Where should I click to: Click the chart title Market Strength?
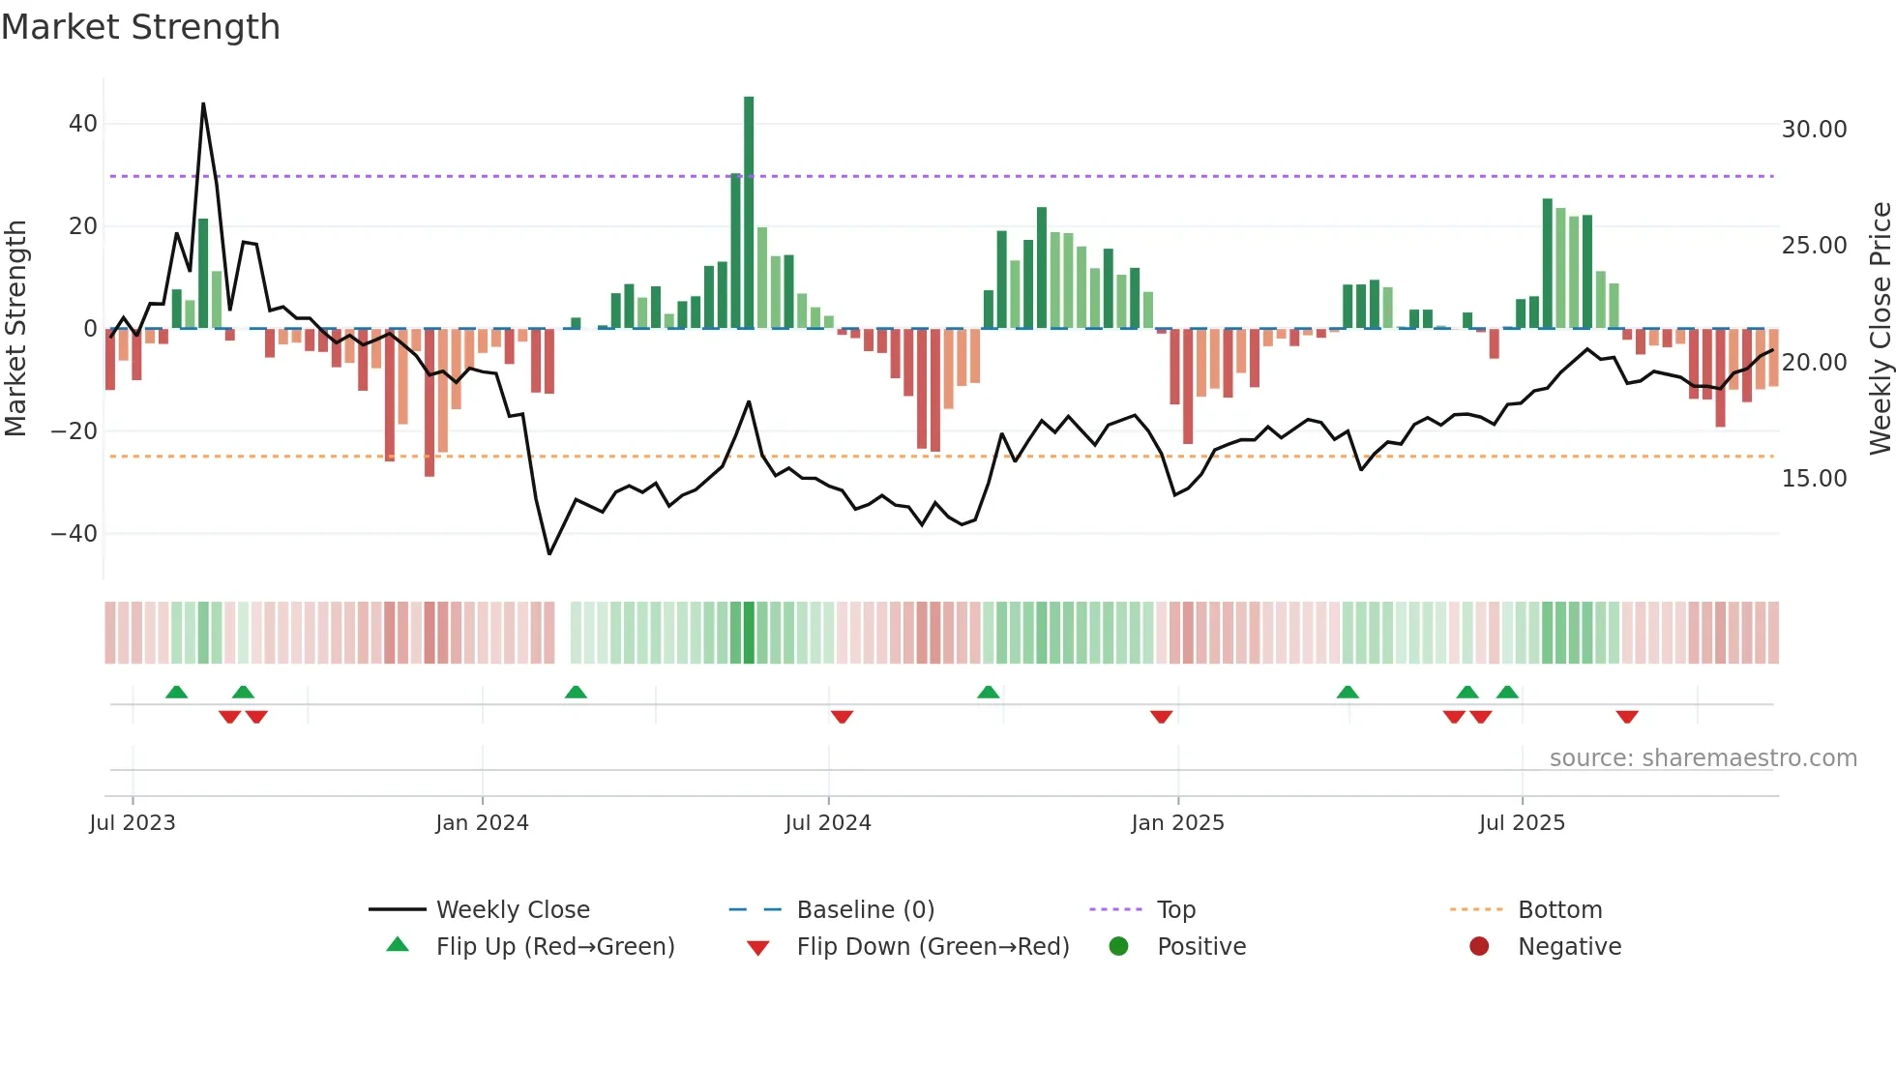(141, 27)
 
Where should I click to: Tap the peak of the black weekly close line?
(203, 104)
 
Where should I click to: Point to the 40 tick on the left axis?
(83, 124)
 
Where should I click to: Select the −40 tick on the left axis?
(74, 533)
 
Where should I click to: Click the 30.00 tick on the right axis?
(1814, 129)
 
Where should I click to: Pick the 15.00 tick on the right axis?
(1814, 478)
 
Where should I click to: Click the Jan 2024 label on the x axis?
(482, 822)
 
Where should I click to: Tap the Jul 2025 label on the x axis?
(1521, 822)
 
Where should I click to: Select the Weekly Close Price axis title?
(1880, 328)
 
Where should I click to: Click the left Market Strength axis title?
(15, 328)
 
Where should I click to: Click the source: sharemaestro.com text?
(1703, 757)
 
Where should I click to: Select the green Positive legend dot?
(1118, 946)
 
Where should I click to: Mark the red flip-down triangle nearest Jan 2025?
(1161, 717)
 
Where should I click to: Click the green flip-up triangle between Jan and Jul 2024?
(576, 692)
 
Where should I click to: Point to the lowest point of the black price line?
(549, 553)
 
